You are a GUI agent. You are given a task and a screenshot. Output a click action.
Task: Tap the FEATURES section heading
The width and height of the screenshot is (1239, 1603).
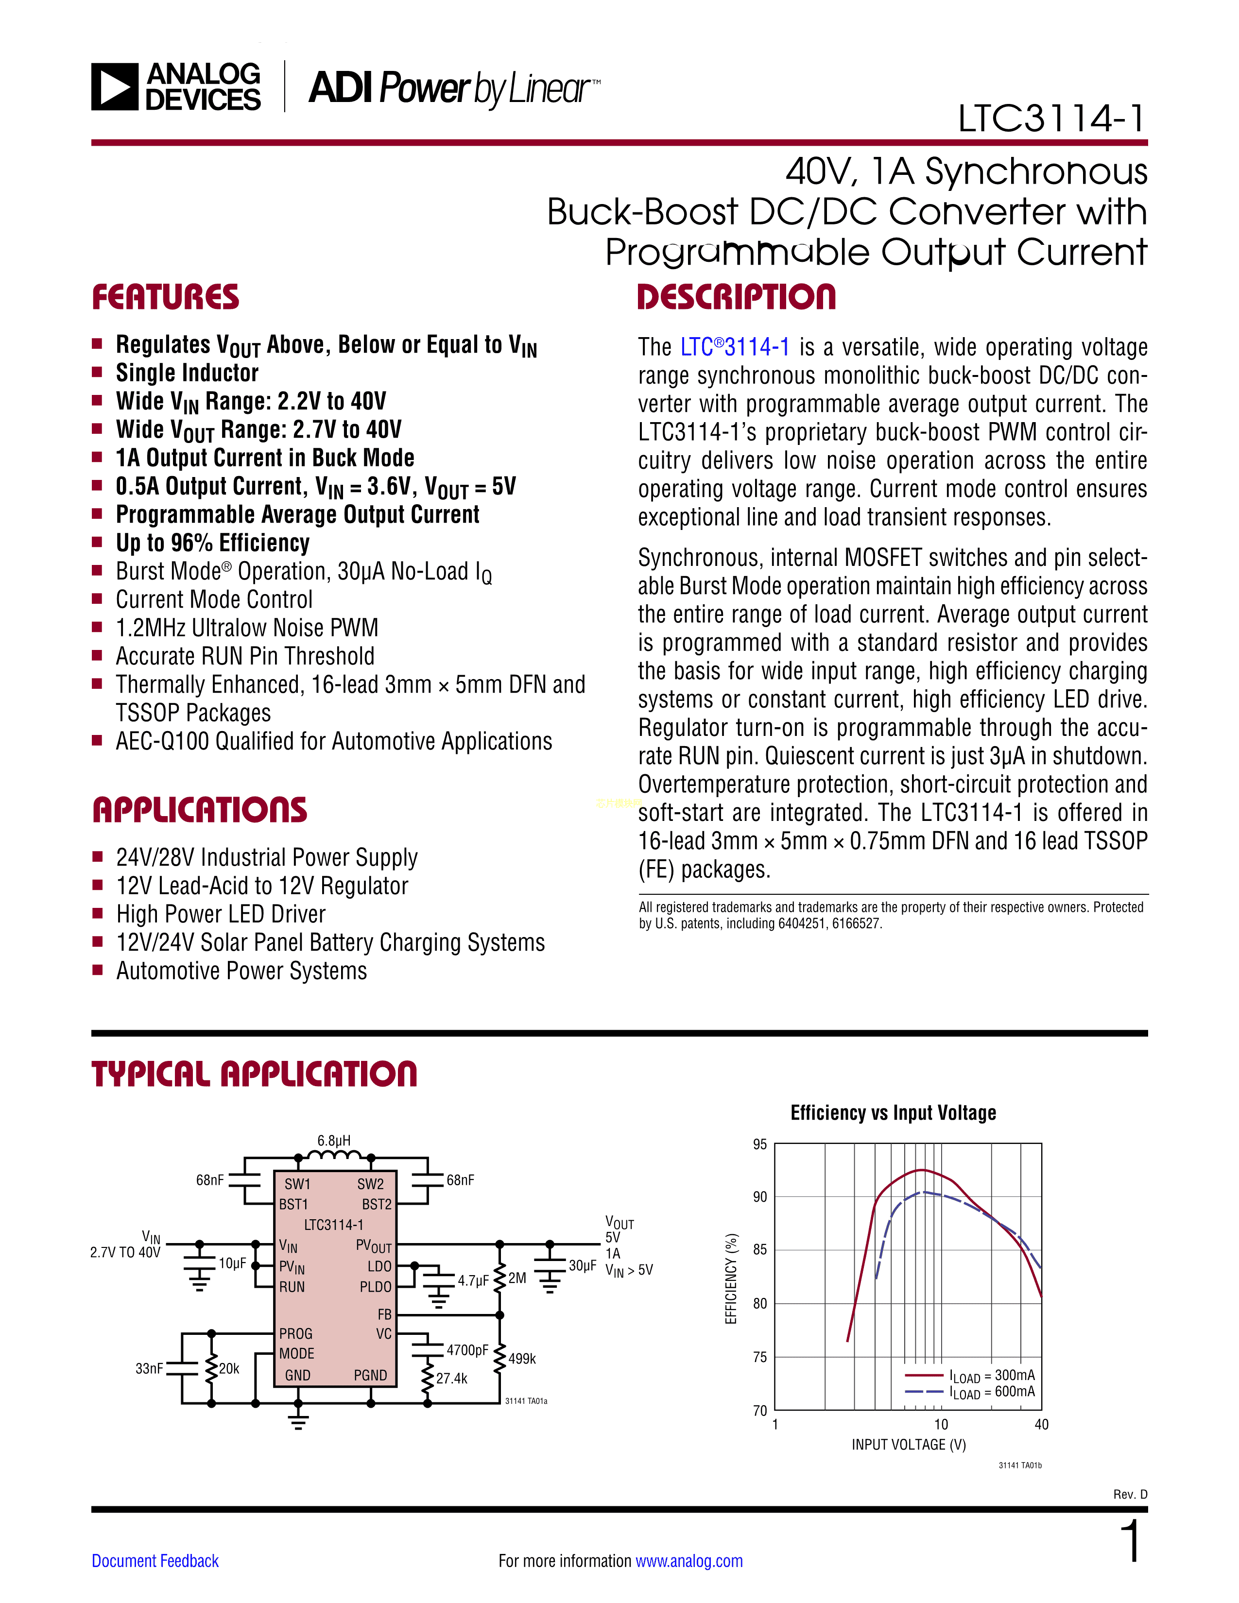tap(166, 297)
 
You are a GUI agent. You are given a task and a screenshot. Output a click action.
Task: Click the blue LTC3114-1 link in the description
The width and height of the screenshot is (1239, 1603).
tap(735, 347)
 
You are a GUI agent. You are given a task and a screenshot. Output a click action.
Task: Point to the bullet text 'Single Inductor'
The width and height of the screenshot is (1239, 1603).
tap(187, 373)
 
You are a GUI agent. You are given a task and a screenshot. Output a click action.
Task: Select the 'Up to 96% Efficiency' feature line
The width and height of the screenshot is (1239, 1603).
tap(213, 543)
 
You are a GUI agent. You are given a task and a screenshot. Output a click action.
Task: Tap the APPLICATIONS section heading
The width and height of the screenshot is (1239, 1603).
tap(200, 810)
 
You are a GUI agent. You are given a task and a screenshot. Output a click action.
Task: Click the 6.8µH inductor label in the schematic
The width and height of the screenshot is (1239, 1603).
tap(334, 1141)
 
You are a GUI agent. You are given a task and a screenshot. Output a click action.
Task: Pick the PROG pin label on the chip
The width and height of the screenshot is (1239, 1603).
tap(296, 1333)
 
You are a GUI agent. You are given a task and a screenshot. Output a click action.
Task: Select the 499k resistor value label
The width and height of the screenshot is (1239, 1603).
tap(522, 1359)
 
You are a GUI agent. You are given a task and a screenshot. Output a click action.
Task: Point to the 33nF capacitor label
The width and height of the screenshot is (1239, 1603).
tap(149, 1368)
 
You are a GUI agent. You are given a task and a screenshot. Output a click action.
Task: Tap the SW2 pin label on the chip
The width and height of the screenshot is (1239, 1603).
tap(371, 1184)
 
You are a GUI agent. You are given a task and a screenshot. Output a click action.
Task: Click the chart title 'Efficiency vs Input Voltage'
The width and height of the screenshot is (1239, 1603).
tap(893, 1113)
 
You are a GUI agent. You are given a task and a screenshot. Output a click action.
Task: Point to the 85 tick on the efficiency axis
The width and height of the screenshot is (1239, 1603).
tap(760, 1250)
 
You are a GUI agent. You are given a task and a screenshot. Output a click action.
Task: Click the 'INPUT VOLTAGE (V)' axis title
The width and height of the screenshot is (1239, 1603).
tap(909, 1445)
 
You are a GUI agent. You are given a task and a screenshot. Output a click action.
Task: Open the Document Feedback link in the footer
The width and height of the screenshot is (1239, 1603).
tap(155, 1561)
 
